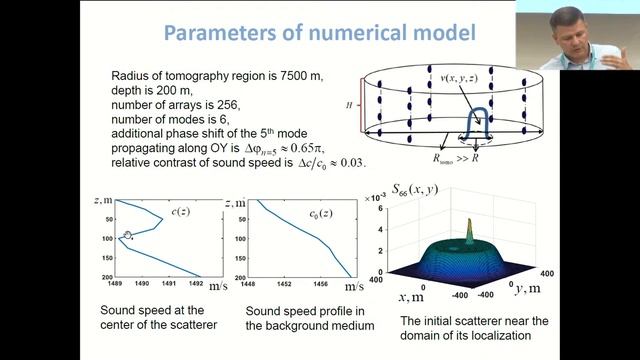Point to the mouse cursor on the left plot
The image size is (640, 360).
128,237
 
